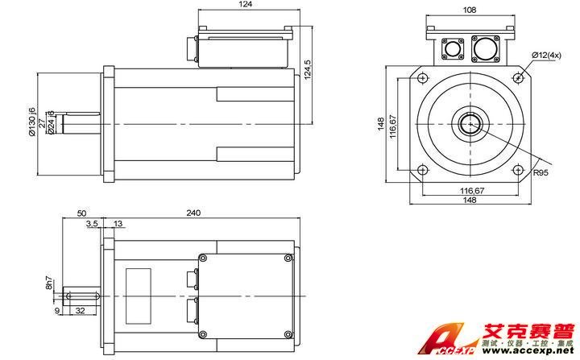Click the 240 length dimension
pyautogui.click(x=193, y=213)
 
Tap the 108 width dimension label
pyautogui.click(x=470, y=10)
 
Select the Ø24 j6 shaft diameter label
pyautogui.click(x=51, y=122)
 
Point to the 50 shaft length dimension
pyautogui.click(x=81, y=213)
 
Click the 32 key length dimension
pyautogui.click(x=80, y=309)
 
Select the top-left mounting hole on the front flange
pyautogui.click(x=422, y=77)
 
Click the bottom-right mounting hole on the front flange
pyautogui.click(x=516, y=170)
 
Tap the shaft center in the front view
pyautogui.click(x=469, y=124)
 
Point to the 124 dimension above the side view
pyautogui.click(x=246, y=6)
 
